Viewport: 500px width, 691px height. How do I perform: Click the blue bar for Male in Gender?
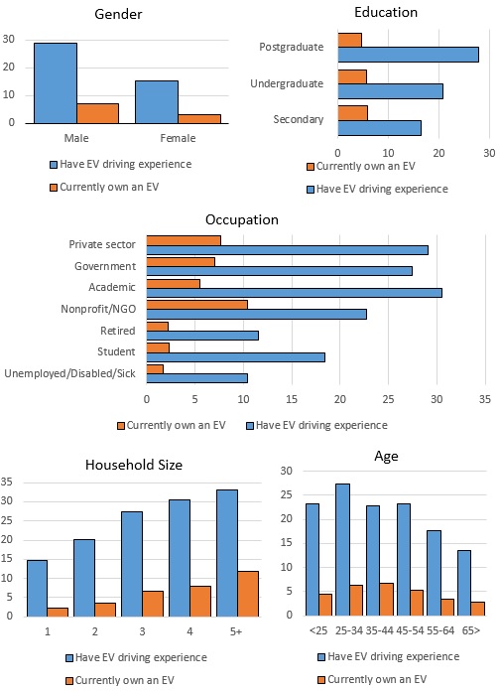point(56,83)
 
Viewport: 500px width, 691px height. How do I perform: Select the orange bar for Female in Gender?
point(199,119)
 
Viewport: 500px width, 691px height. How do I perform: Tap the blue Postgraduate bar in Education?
point(409,55)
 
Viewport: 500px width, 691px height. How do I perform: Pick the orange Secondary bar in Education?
point(353,113)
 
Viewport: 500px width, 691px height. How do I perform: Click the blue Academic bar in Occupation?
point(295,293)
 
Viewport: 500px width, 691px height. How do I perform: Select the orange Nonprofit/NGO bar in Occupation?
point(196,305)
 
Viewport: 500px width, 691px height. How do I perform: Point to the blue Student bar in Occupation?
point(236,357)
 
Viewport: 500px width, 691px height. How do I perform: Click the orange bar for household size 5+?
point(248,594)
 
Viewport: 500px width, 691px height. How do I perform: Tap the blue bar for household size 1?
point(37,589)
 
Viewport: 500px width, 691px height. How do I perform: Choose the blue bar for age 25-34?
point(342,550)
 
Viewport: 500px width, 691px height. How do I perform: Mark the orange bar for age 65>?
point(477,609)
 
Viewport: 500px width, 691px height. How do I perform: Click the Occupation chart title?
point(242,219)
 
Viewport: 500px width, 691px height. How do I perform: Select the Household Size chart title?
point(134,465)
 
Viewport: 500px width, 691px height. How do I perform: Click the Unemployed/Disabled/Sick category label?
point(70,373)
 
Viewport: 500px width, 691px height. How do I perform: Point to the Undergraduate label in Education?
point(287,83)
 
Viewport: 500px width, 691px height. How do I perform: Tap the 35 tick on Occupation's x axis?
point(484,399)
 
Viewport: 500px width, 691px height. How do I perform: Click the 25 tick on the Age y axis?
point(287,494)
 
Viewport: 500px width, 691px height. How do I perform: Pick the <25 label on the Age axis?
point(318,630)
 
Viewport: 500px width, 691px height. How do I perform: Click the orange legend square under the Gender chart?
point(54,188)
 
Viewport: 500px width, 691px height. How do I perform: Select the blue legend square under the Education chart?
point(311,190)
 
